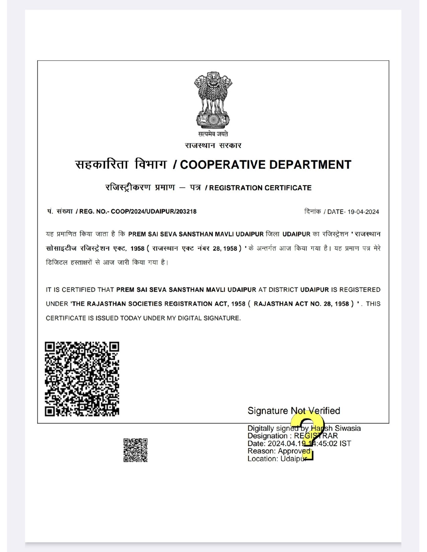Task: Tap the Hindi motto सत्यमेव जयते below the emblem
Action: coord(213,134)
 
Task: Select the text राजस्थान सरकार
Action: coord(213,146)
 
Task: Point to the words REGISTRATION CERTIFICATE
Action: coord(260,188)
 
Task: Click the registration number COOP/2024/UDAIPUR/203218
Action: coord(154,211)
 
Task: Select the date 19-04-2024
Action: coord(363,212)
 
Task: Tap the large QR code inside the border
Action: coord(82,379)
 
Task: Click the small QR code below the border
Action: coord(135,450)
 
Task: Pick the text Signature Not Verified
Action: coord(294,411)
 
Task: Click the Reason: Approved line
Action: coord(279,451)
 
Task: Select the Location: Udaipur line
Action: coord(277,459)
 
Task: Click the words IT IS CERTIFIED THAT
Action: coord(80,290)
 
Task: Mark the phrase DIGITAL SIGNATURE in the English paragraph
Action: coord(216,318)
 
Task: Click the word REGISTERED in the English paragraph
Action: coord(360,290)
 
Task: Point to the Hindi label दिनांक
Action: coord(312,212)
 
